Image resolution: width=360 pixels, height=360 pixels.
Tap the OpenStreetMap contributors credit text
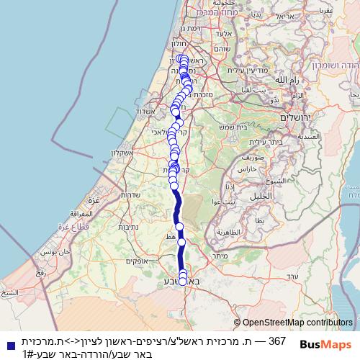297,323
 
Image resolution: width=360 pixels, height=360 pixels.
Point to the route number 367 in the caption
278,340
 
